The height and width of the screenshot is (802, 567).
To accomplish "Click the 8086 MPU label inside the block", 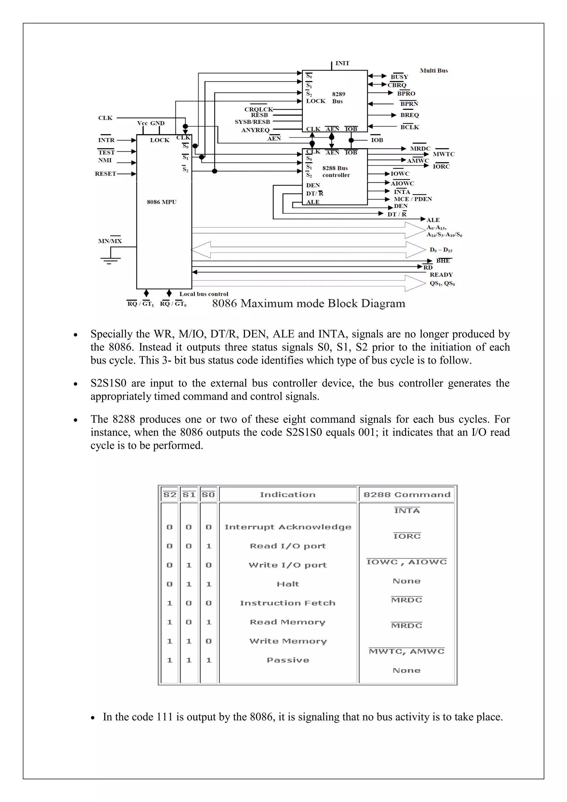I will (162, 202).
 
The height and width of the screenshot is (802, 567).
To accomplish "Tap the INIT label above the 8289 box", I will (342, 63).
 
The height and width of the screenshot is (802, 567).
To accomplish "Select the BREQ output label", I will (409, 115).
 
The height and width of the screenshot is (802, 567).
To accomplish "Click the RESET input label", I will (105, 174).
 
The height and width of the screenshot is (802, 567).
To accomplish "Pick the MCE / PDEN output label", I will (413, 199).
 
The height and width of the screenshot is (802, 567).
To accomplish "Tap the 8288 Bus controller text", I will (336, 171).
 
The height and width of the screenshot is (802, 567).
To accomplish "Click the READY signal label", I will (441, 274).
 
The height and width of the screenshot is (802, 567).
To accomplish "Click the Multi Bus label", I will (434, 71).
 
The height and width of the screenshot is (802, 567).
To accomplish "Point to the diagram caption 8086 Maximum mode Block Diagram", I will (309, 303).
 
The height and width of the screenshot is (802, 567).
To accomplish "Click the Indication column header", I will (288, 495).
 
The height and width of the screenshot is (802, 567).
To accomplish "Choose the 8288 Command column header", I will (407, 495).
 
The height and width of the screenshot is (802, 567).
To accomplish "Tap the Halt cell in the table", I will (288, 584).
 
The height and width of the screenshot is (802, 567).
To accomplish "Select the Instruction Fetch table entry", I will (288, 603).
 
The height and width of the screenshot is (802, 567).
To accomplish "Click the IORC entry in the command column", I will (407, 536).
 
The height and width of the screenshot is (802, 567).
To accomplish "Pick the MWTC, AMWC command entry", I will (407, 651).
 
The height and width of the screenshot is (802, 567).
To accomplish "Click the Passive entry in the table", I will (288, 660).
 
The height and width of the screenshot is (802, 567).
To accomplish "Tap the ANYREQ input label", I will (255, 130).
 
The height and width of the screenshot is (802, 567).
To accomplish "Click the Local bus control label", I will (203, 294).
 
